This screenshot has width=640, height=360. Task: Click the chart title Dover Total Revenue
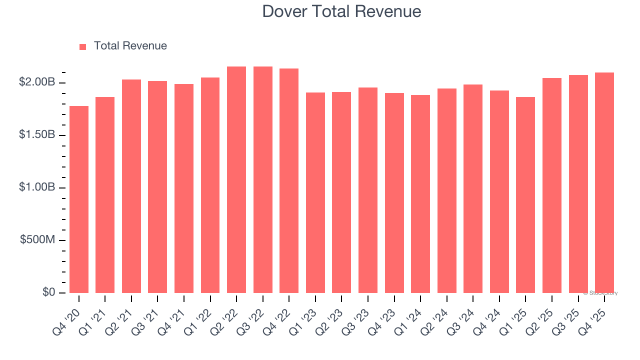click(x=341, y=11)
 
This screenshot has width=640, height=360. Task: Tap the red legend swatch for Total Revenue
click(x=83, y=46)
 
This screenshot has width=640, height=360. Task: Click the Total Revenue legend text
click(x=130, y=46)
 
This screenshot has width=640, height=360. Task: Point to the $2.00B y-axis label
click(x=37, y=82)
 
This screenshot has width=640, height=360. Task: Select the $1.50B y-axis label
click(x=37, y=135)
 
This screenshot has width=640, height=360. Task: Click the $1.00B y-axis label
click(x=37, y=187)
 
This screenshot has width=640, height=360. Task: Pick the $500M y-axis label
click(x=38, y=240)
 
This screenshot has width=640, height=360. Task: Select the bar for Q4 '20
click(x=79, y=200)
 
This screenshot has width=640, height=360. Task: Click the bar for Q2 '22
click(x=236, y=180)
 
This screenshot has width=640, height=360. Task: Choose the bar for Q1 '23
click(x=315, y=192)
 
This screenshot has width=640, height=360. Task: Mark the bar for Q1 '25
click(x=525, y=195)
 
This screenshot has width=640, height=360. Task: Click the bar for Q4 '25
click(x=604, y=182)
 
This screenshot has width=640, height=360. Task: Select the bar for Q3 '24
click(x=473, y=189)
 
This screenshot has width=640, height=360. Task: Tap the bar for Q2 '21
click(x=131, y=186)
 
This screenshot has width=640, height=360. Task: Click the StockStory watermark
click(x=600, y=293)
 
